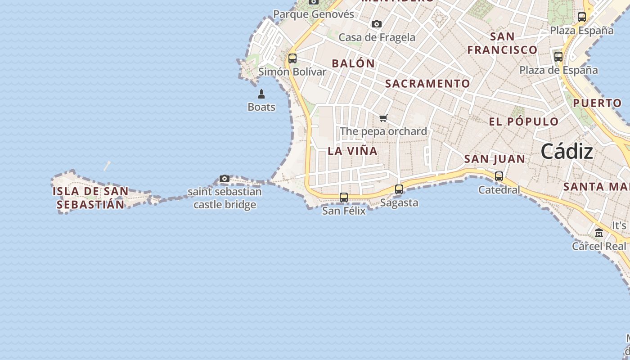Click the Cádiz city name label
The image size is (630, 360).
coord(567,151)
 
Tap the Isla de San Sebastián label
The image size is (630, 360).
coord(90,198)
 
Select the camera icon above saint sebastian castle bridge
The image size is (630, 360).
coord(225,179)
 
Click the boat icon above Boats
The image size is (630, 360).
coord(261,94)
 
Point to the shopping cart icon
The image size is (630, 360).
coord(383,118)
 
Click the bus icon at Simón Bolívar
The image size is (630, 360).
coord(292,58)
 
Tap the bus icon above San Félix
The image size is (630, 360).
coord(344,198)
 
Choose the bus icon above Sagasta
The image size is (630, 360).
coord(399,189)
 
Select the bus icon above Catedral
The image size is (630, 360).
coord(499,176)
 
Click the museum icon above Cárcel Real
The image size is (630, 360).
coord(599,233)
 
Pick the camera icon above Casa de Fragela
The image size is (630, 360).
coord(377,24)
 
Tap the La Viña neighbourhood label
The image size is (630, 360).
coord(352,151)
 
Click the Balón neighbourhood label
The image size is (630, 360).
coord(353,63)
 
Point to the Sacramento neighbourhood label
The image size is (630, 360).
coord(427,84)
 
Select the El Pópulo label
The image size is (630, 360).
coord(524,121)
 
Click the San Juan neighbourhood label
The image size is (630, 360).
coord(495,159)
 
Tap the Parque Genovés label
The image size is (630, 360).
coord(314,14)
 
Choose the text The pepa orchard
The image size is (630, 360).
coord(383,131)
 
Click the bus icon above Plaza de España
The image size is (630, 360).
coord(558,57)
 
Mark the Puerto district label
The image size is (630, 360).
coord(597,103)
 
